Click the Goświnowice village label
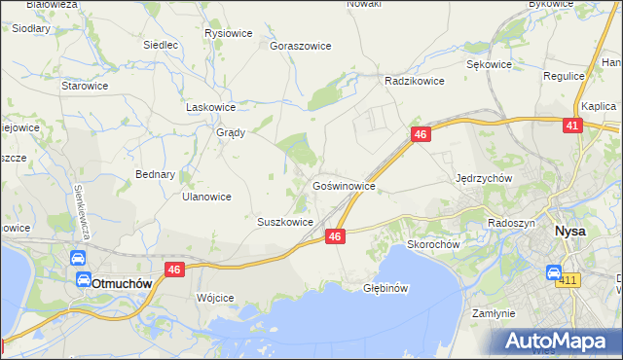pyautogui.click(x=344, y=184)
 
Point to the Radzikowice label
pyautogui.click(x=415, y=81)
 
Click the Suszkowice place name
pyautogui.click(x=285, y=222)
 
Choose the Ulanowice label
pyautogui.click(x=206, y=197)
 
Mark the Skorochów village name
pyautogui.click(x=433, y=244)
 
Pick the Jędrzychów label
pyautogui.click(x=484, y=179)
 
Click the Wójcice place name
pyautogui.click(x=215, y=297)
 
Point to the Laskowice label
pyautogui.click(x=211, y=107)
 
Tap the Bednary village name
pyautogui.click(x=156, y=175)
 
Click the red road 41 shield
pyautogui.click(x=573, y=126)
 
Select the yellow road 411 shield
pyautogui.click(x=568, y=281)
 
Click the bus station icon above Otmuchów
pyautogui.click(x=77, y=260)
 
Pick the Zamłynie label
pyautogui.click(x=493, y=314)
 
